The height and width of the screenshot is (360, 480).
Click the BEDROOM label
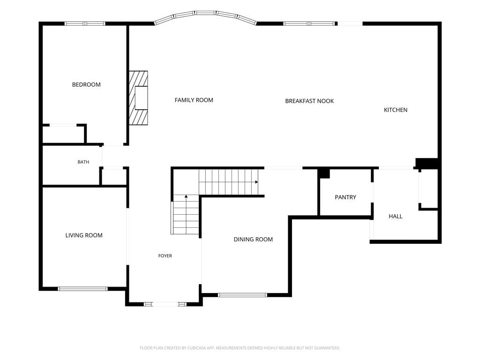tap(86, 84)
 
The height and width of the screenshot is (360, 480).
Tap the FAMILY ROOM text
tap(194, 100)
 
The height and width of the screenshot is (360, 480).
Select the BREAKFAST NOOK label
tap(309, 101)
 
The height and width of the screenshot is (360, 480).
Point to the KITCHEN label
tap(396, 110)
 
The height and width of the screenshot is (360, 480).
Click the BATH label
tap(83, 162)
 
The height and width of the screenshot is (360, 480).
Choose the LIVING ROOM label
tap(84, 235)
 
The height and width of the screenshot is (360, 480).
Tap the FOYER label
tap(165, 256)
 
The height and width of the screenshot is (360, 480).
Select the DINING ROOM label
tap(253, 240)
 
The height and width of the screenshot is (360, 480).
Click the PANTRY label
tap(345, 197)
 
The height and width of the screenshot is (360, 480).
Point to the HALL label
tap(396, 217)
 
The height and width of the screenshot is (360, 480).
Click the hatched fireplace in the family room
tap(138, 98)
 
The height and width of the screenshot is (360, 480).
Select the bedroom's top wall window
tap(85, 23)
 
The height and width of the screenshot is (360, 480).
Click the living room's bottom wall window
tap(82, 289)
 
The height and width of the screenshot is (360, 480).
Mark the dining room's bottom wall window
tap(242, 295)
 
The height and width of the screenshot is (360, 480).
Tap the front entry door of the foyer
tap(165, 304)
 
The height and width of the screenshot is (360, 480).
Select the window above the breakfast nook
tap(309, 23)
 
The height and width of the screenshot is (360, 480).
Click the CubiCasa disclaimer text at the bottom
tap(240, 348)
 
